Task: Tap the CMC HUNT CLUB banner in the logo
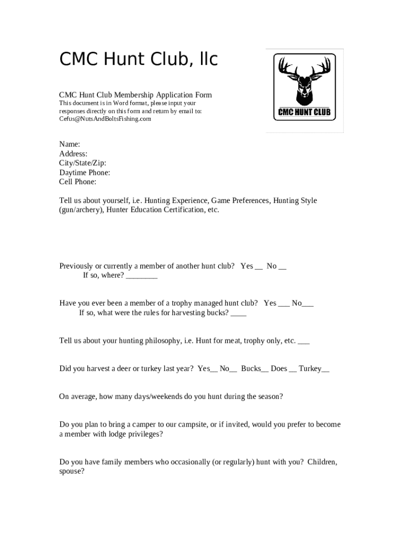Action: [x=304, y=112]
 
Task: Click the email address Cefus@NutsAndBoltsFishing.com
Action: [x=105, y=119]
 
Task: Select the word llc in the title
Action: [x=205, y=60]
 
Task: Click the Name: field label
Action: [x=70, y=144]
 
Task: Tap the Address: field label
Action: [x=73, y=153]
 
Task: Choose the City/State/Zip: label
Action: [x=83, y=163]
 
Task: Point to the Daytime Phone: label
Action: [x=84, y=172]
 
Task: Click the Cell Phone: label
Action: [x=77, y=182]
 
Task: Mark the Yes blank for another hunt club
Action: [x=259, y=267]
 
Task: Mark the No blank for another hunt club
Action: [x=283, y=267]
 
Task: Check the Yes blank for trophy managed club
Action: [x=284, y=304]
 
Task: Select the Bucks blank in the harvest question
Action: [x=265, y=370]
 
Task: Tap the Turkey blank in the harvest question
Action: [x=326, y=370]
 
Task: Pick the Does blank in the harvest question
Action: [x=293, y=370]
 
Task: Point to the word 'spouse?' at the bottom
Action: [x=72, y=471]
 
